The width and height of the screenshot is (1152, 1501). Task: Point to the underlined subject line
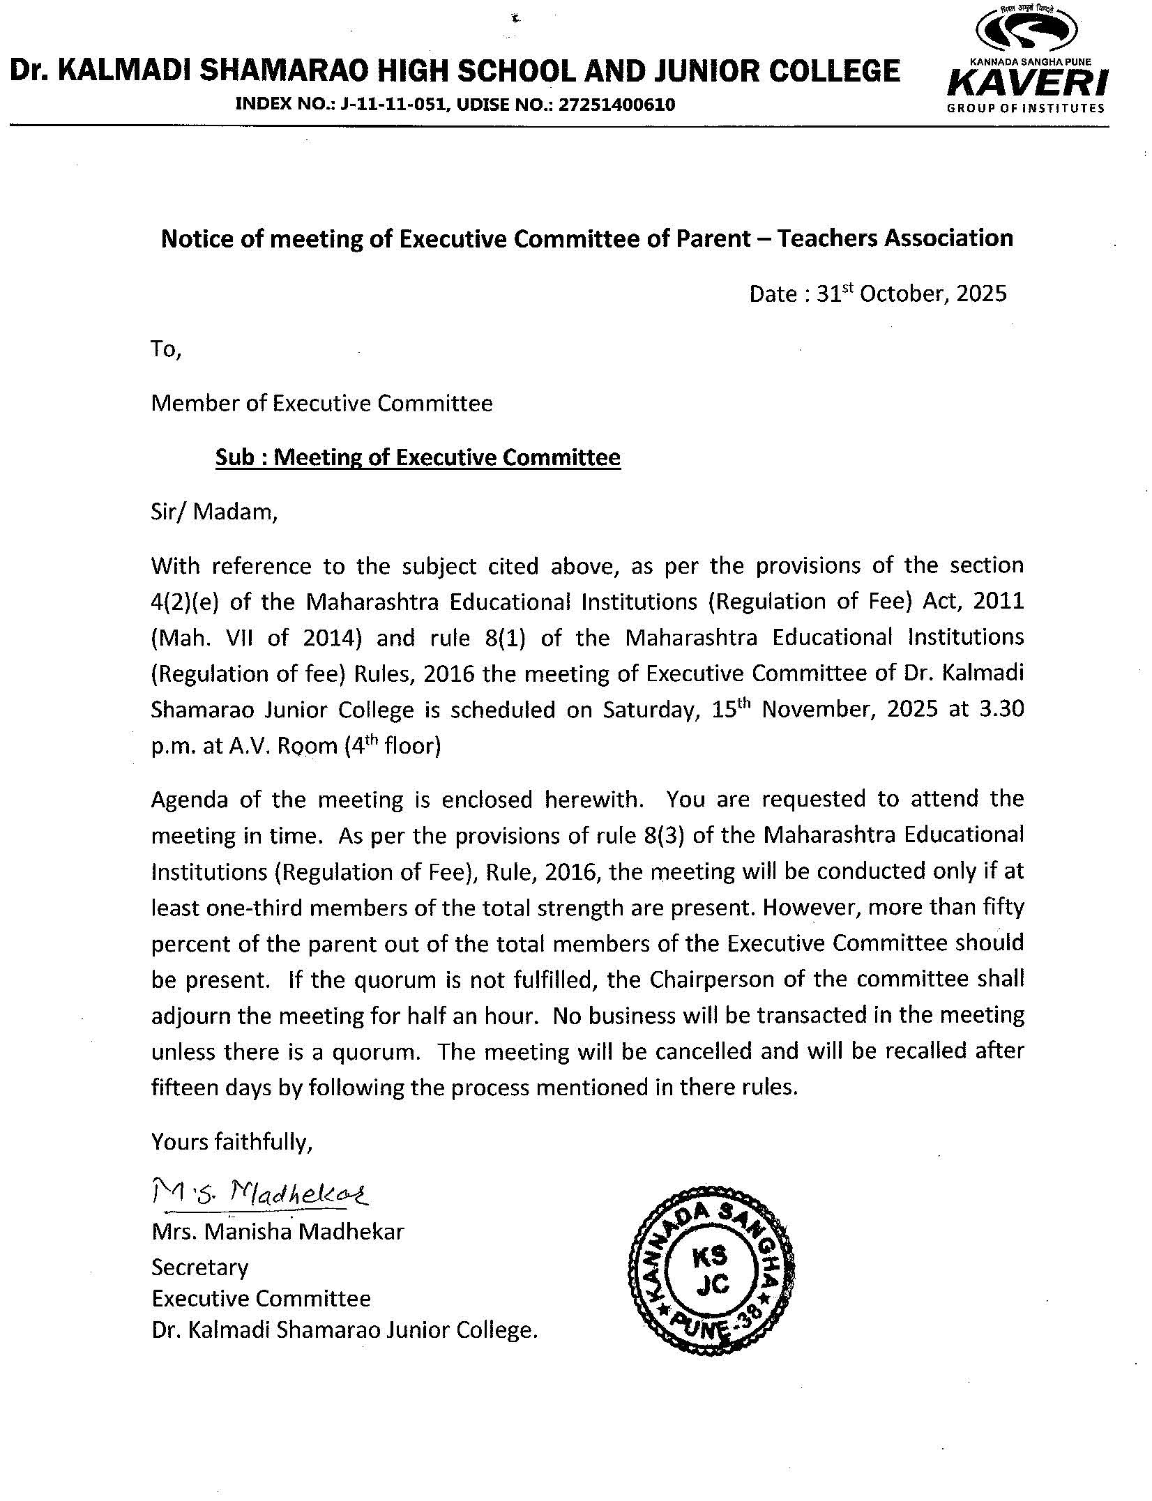[x=418, y=457]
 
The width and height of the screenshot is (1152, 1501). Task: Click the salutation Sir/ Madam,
[x=214, y=512]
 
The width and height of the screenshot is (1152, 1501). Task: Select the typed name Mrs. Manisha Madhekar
[x=278, y=1232]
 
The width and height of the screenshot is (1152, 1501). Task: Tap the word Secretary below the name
[x=199, y=1267]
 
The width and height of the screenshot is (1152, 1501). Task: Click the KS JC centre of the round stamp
[x=711, y=1271]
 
